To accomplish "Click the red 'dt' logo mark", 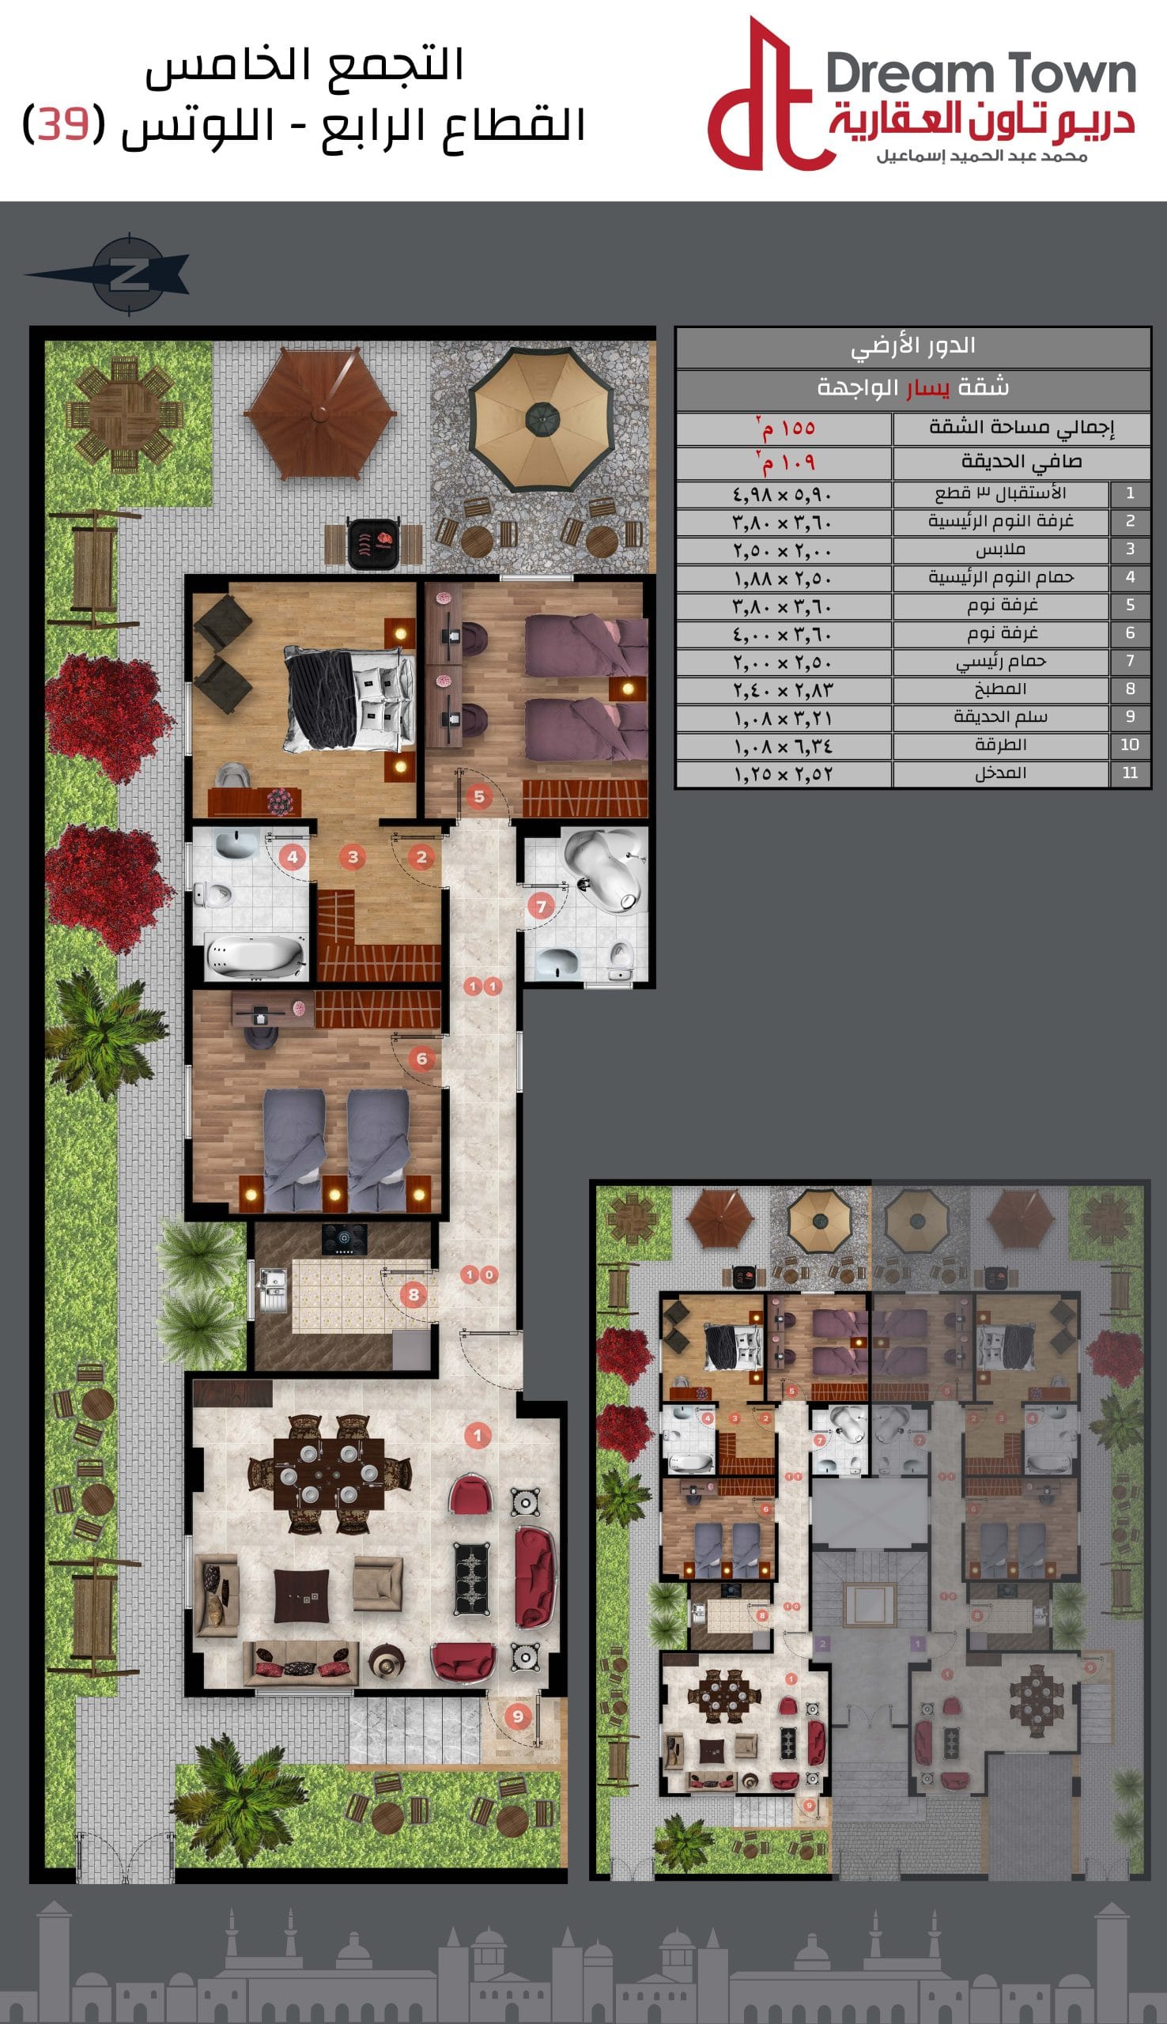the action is [765, 96].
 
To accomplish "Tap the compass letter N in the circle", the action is [128, 275].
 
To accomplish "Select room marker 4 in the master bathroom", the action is [293, 856].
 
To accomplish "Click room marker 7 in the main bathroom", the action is [541, 906].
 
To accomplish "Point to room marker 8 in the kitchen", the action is [414, 1294].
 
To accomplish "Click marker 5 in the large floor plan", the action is [479, 796].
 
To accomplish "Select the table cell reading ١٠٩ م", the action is [784, 463].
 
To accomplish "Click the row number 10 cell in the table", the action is [1130, 746].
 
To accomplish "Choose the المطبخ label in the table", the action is [1000, 689].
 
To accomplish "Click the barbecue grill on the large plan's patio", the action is [373, 543].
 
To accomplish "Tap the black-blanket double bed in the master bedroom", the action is [350, 700].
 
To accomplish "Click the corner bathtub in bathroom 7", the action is [605, 870].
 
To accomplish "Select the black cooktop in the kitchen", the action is [345, 1239].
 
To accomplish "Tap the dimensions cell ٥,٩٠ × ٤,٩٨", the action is [782, 494].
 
